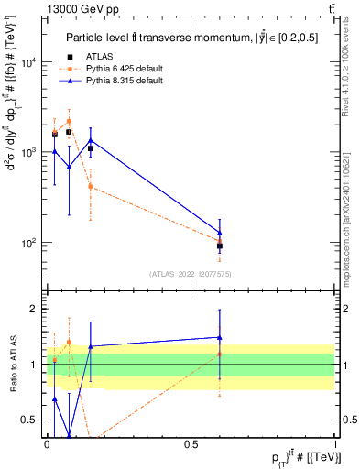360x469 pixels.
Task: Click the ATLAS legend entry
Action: pos(105,57)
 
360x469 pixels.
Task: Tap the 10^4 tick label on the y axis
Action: pos(28,62)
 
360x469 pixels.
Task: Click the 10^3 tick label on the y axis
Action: pos(28,152)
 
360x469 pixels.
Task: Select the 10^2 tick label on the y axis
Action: pos(28,243)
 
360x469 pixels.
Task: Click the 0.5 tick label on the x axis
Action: pos(191,444)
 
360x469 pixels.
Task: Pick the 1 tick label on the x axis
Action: pos(335,444)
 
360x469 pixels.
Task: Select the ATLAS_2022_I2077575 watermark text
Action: pos(191,273)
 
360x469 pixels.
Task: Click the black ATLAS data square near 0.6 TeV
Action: pos(220,245)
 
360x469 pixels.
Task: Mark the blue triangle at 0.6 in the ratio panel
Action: pos(220,337)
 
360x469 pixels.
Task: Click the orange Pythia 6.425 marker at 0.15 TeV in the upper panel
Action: pos(90,186)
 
